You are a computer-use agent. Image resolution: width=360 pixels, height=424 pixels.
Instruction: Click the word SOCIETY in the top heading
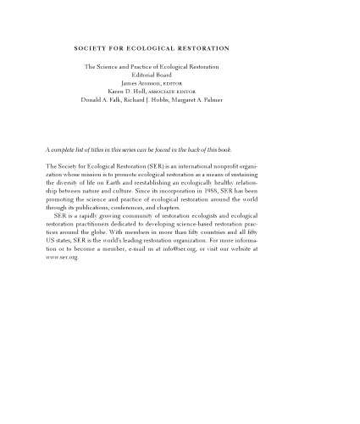pos(89,48)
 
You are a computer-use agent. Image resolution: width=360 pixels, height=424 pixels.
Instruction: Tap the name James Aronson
pos(136,83)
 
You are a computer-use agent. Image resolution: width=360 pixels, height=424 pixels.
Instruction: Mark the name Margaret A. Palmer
pos(202,99)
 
